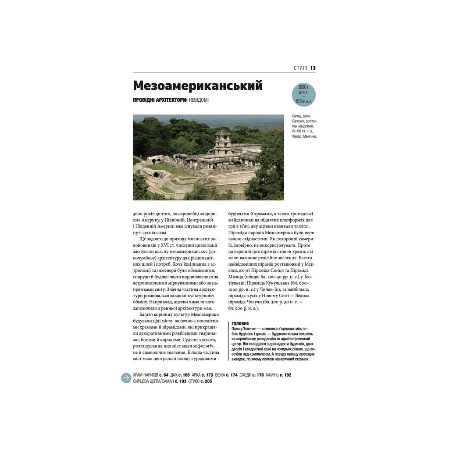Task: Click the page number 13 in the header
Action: pyautogui.click(x=313, y=68)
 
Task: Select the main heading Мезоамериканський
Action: pyautogui.click(x=197, y=86)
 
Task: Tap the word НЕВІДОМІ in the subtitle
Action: pyautogui.click(x=199, y=100)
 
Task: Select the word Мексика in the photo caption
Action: pyautogui.click(x=308, y=136)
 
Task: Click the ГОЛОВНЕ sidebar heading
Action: pyautogui.click(x=240, y=324)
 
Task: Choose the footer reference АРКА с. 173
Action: pyautogui.click(x=202, y=375)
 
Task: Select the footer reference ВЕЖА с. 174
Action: pyautogui.click(x=226, y=375)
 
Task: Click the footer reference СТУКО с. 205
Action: pyautogui.click(x=200, y=381)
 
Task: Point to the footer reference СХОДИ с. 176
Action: pyautogui.click(x=252, y=375)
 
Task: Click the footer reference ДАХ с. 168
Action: pyautogui.click(x=180, y=375)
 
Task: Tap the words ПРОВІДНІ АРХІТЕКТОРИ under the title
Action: pyautogui.click(x=160, y=100)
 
